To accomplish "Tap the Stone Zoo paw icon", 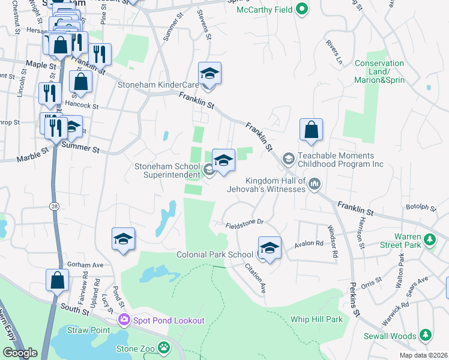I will pyautogui.click(x=164, y=347).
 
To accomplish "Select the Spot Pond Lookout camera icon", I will pyautogui.click(x=124, y=320).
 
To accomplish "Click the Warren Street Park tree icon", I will pyautogui.click(x=429, y=241).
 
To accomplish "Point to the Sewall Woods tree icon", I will pyautogui.click(x=426, y=334).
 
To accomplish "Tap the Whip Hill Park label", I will pyautogui.click(x=316, y=319).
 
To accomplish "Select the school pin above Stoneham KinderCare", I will pyautogui.click(x=209, y=74).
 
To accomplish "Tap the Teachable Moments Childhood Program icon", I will pyautogui.click(x=288, y=158).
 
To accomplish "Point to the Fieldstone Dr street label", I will pyautogui.click(x=245, y=222).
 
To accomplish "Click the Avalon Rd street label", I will pyautogui.click(x=309, y=245).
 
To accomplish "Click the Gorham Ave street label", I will pyautogui.click(x=86, y=264).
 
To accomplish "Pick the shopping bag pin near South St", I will pyautogui.click(x=57, y=280).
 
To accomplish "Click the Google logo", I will pyautogui.click(x=20, y=353).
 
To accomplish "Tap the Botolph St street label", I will pyautogui.click(x=421, y=208).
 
